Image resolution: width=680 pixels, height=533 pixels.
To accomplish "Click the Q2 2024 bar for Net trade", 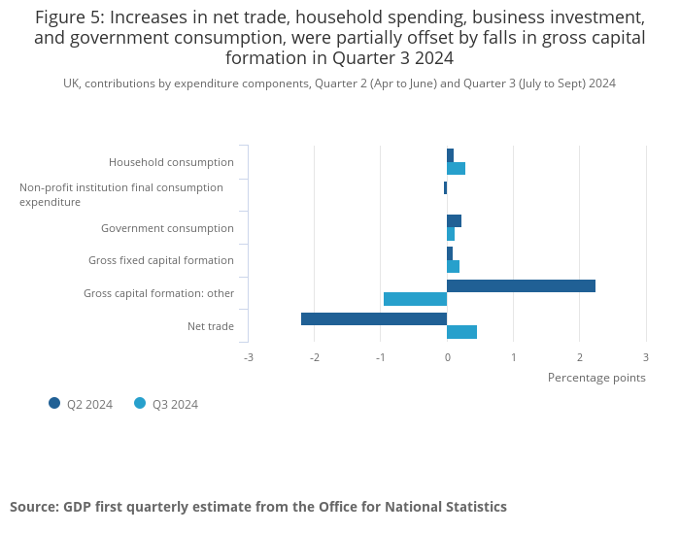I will (374, 318).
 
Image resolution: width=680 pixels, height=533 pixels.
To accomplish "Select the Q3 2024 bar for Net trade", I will (461, 332).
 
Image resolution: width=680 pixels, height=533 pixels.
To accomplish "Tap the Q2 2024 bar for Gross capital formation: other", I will (521, 285).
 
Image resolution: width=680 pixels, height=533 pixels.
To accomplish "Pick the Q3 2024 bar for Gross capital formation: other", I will (415, 299).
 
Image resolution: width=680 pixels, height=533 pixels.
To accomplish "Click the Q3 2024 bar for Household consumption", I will (456, 169).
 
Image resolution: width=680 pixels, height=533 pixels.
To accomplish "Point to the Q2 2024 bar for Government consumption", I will (454, 220).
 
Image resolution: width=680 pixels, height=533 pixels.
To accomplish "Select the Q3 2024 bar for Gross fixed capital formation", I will (453, 266).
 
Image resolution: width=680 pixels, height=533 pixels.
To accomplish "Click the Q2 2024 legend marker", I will (54, 404).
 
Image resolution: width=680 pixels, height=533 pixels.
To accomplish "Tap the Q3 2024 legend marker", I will (140, 404).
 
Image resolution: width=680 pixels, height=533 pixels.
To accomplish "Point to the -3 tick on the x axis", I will (249, 357).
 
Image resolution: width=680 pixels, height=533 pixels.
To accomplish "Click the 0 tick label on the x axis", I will (447, 357).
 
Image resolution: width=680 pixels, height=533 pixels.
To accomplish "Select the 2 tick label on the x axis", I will (580, 357).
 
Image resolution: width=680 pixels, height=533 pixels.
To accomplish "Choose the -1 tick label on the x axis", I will (381, 357).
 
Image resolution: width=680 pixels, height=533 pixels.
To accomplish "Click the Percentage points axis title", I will (596, 378).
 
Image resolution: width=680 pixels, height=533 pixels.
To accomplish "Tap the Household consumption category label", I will (171, 162).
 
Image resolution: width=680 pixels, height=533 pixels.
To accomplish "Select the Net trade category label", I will (211, 326).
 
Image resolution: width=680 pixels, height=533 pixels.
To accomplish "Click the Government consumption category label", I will (167, 228).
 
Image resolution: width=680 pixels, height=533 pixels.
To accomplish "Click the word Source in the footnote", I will (34, 507).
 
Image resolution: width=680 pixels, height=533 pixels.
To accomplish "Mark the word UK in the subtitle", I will (71, 83).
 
